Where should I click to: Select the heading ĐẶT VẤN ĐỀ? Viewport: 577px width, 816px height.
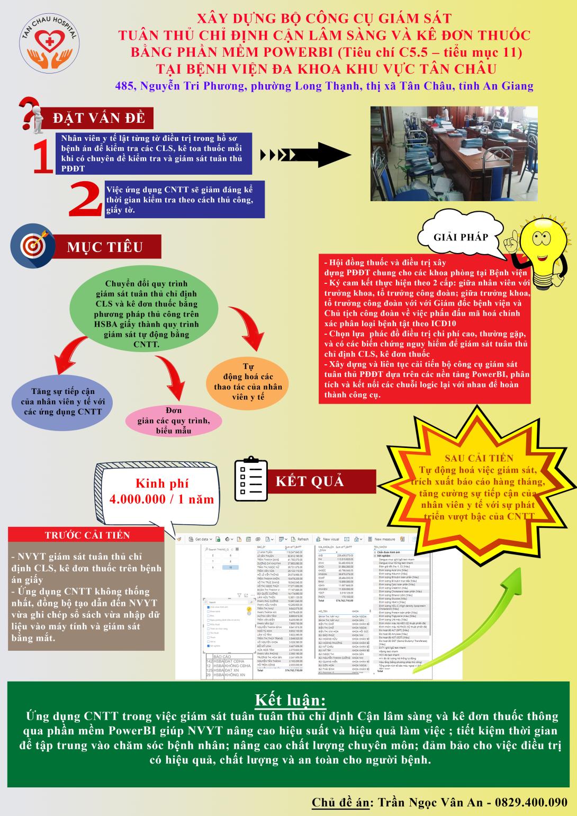98,118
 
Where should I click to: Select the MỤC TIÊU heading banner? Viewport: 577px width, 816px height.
104,247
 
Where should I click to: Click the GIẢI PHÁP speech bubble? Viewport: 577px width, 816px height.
459,238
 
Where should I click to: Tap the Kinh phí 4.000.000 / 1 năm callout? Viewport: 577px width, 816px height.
161,491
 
